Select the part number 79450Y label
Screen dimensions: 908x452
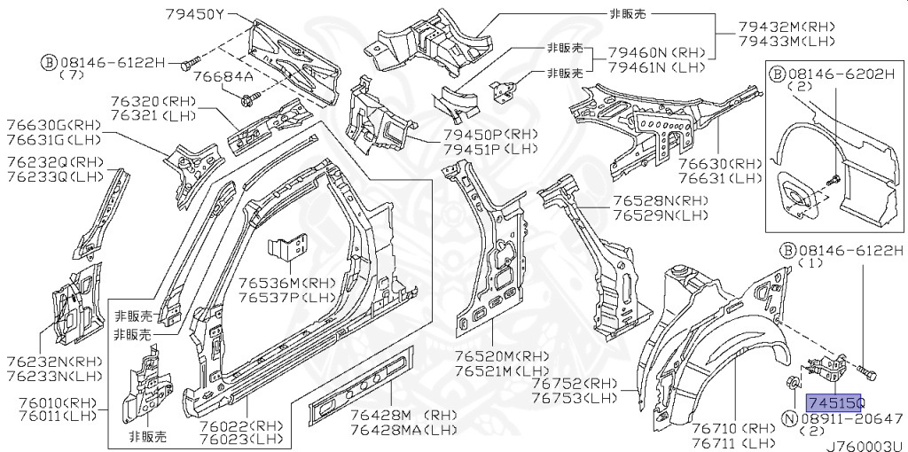click(194, 13)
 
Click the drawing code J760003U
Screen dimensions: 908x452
click(865, 446)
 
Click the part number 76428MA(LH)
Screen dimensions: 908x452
click(403, 430)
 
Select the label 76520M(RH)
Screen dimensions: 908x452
click(501, 356)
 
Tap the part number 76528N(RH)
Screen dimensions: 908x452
click(661, 201)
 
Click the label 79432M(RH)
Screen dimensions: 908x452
click(787, 26)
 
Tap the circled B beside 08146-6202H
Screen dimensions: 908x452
click(777, 74)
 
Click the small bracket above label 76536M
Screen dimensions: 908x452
click(287, 248)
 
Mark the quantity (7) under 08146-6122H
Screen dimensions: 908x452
click(71, 74)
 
